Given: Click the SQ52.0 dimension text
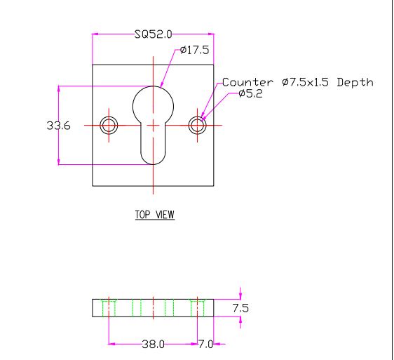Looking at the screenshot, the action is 154,34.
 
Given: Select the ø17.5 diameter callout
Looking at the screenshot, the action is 194,50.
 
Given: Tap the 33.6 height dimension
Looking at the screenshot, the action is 59,126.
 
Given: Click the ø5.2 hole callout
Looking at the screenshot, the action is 250,93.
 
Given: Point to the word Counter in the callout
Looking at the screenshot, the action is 247,82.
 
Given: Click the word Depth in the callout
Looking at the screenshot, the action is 355,82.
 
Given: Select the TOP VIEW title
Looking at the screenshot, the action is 155,215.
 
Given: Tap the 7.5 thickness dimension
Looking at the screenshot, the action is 240,308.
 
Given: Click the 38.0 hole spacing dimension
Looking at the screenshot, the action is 153,344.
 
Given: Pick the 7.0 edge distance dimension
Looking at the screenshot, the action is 205,344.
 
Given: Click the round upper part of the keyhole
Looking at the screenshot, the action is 153,86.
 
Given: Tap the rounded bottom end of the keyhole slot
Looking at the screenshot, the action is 153,164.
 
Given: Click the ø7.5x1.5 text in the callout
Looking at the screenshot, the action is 305,82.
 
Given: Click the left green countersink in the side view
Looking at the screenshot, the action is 109,301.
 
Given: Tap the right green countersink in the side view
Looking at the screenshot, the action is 197,301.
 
